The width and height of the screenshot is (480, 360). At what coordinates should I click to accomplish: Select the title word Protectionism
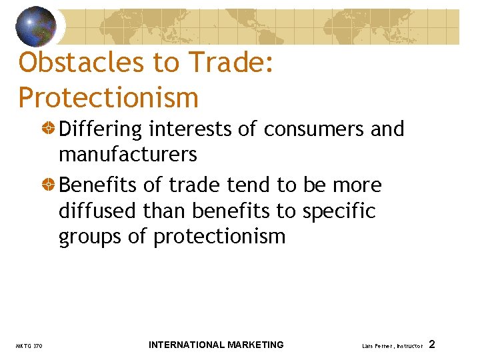[109, 97]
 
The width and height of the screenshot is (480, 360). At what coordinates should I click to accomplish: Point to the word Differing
[100, 130]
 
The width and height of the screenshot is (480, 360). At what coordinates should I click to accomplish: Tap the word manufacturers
[128, 155]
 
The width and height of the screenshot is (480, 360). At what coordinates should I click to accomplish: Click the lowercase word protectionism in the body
[219, 237]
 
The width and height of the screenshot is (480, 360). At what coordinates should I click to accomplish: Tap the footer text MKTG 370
[29, 346]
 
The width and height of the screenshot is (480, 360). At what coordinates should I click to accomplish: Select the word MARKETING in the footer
[255, 345]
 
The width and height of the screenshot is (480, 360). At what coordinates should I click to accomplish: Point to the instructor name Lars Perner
[378, 346]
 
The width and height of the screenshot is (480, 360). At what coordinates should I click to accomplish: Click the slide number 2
[432, 345]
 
